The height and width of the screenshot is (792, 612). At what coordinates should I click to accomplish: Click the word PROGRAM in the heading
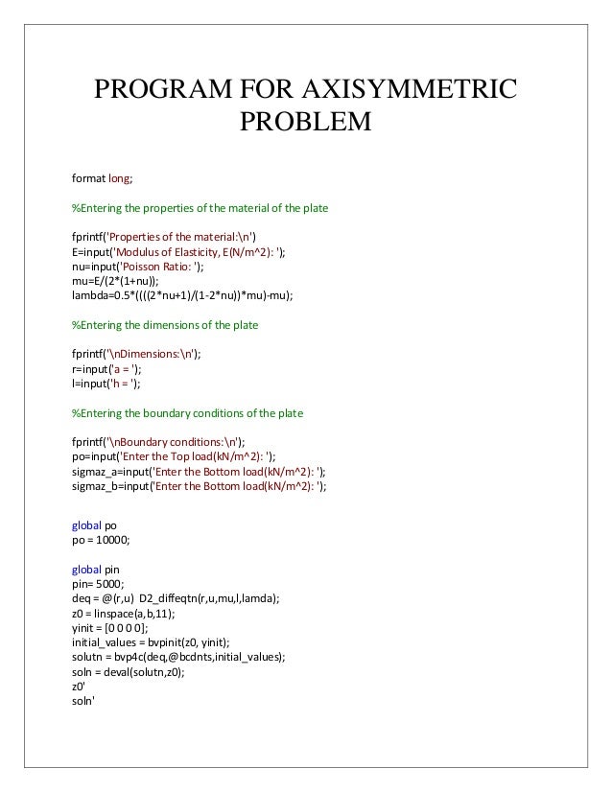pos(161,91)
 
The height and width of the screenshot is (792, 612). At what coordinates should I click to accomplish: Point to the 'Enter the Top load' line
pos(181,457)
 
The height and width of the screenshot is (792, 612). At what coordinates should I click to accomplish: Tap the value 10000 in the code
pos(110,540)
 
